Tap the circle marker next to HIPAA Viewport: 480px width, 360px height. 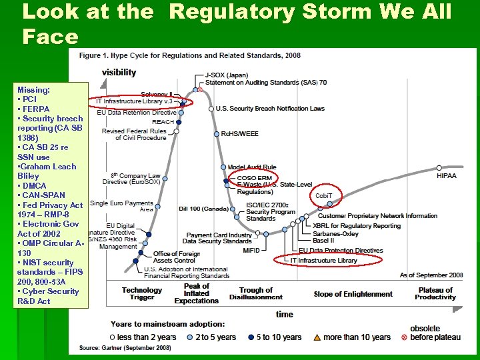coord(439,167)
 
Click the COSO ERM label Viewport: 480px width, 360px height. coord(254,178)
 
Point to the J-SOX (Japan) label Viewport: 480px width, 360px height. coord(227,74)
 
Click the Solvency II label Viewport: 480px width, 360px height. coord(157,94)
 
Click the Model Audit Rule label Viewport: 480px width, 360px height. coord(251,167)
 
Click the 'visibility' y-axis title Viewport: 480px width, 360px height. coord(119,72)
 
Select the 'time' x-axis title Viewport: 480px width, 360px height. coord(284,313)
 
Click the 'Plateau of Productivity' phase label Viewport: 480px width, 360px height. coord(435,294)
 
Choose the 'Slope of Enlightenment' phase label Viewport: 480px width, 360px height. coord(353,294)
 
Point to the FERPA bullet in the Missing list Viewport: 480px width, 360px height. coord(36,109)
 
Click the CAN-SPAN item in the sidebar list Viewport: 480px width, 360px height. coord(44,195)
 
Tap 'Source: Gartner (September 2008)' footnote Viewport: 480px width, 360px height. coord(125,348)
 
